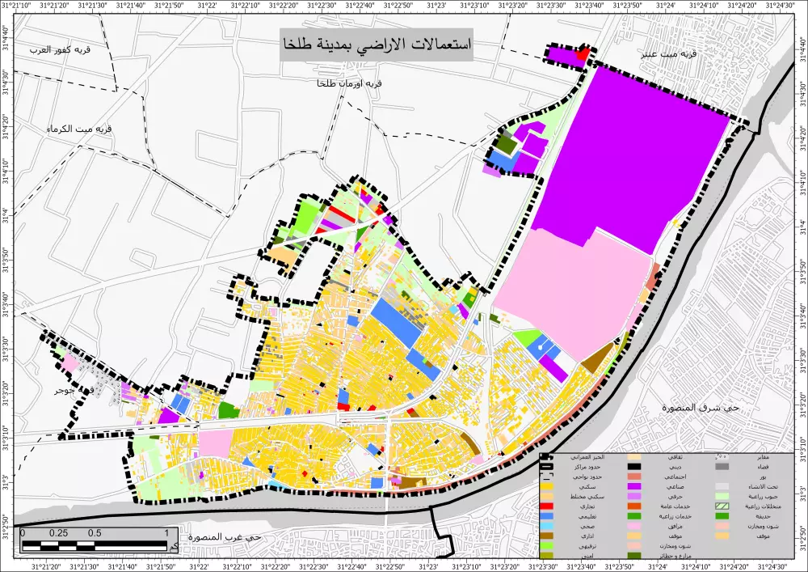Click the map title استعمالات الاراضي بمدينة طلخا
click(376, 44)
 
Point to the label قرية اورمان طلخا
click(350, 83)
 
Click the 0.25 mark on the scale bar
click(58, 533)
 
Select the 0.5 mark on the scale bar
click(95, 533)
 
